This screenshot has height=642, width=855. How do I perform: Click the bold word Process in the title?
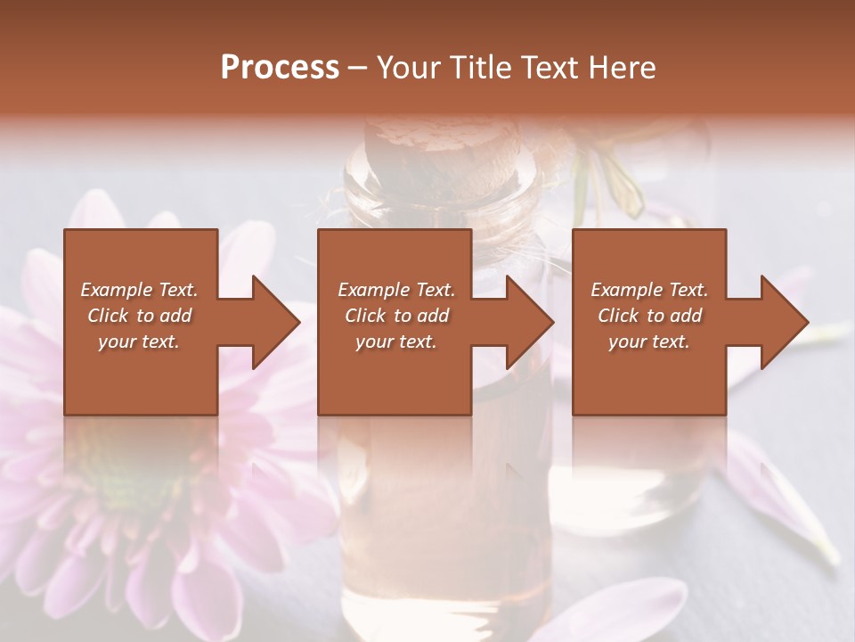point(280,68)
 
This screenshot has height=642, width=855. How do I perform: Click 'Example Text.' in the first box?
point(139,290)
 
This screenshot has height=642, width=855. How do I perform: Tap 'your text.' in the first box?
point(139,342)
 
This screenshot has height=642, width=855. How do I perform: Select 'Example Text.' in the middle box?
point(396,290)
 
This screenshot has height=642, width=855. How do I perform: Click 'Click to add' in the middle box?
point(396,316)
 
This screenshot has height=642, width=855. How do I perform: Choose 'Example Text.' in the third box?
point(649,290)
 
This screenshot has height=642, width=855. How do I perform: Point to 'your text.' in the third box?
point(649,342)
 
